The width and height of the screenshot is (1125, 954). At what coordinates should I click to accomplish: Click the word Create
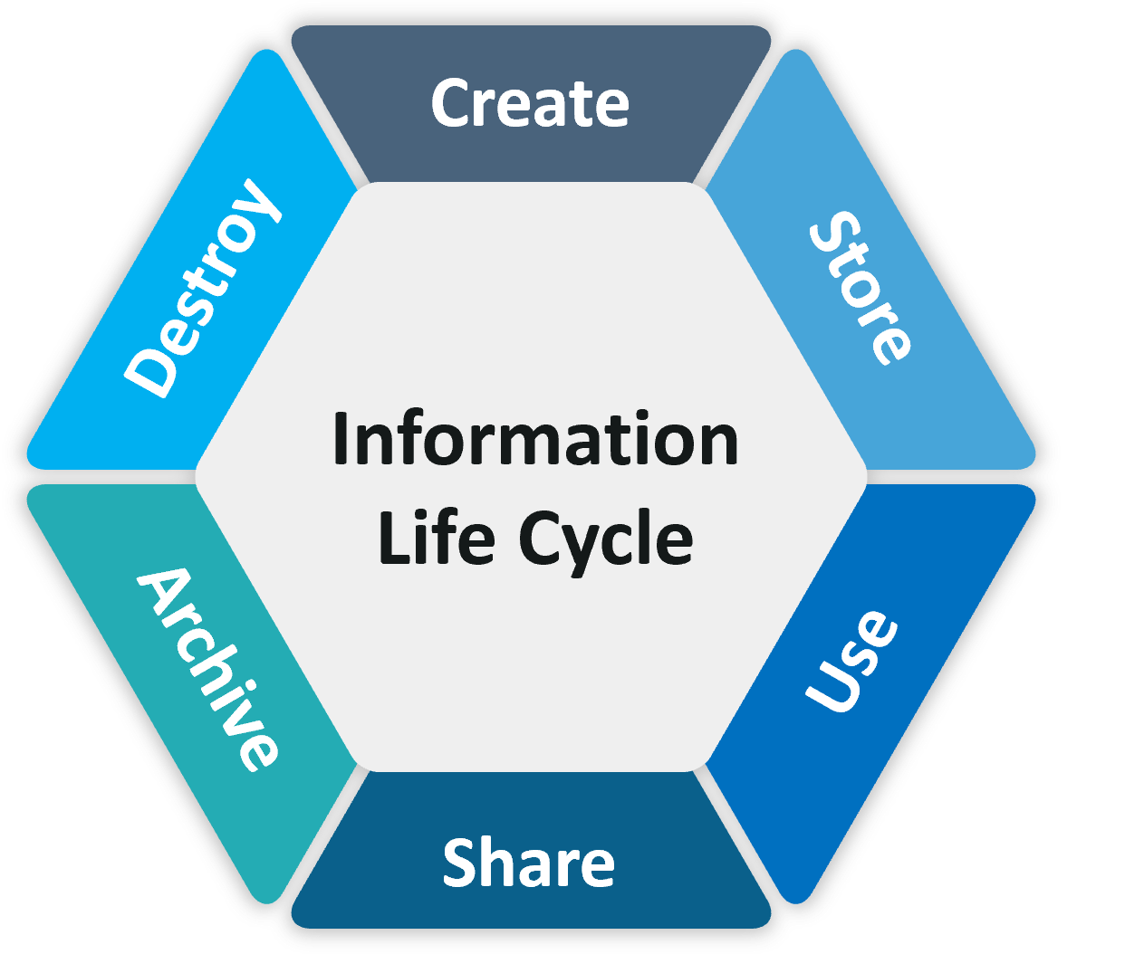click(530, 103)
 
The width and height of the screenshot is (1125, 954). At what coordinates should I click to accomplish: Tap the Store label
click(860, 287)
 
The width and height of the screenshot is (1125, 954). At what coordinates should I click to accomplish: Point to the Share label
click(529, 863)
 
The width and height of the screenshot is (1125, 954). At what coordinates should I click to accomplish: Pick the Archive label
click(207, 668)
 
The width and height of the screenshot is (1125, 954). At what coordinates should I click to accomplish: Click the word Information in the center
click(535, 439)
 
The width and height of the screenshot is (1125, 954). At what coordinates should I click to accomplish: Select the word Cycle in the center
click(606, 539)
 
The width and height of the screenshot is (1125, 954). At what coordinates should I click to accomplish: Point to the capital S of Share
click(460, 863)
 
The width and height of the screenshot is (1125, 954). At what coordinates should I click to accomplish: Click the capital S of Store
click(831, 234)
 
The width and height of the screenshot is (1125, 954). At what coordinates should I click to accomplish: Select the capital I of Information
click(341, 439)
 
